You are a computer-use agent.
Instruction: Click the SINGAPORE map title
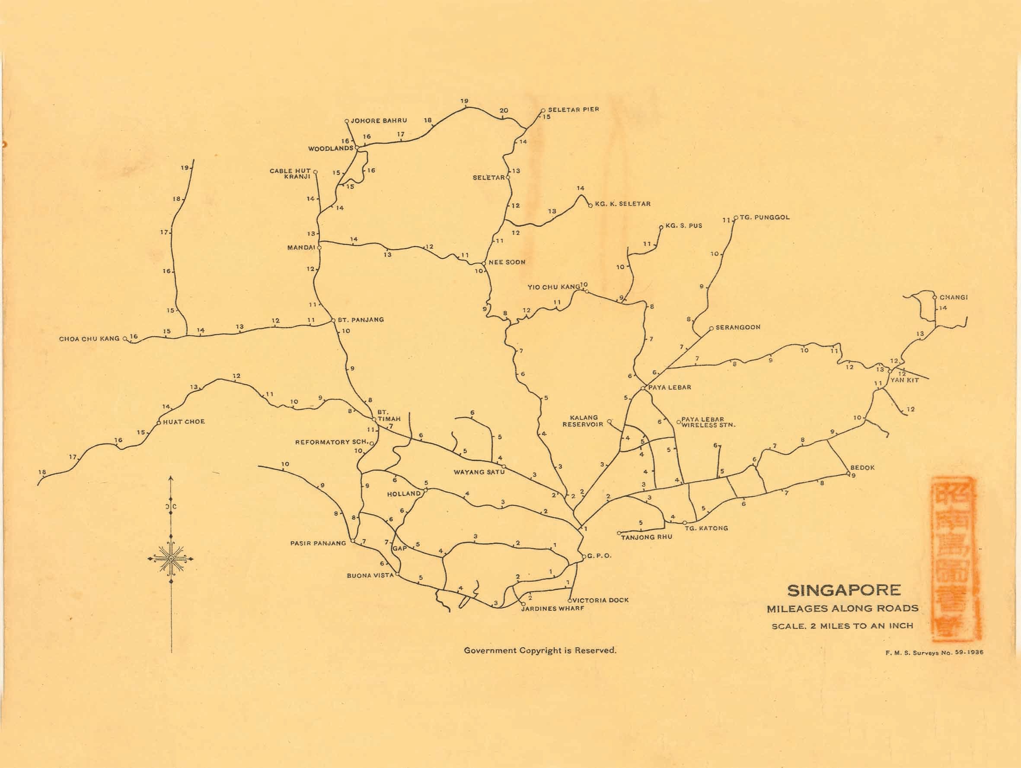click(844, 590)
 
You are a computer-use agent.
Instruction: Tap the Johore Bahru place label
click(379, 121)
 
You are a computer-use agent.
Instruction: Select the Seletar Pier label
click(573, 109)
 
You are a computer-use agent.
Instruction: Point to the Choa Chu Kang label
click(89, 339)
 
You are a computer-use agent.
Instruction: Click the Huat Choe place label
click(184, 422)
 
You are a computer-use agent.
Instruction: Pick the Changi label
click(954, 297)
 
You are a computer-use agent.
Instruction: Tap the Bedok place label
click(862, 467)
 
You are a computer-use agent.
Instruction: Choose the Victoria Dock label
click(600, 600)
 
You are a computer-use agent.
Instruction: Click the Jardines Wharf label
click(552, 609)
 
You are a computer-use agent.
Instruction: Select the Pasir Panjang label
click(318, 543)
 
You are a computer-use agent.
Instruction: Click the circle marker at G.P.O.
click(584, 557)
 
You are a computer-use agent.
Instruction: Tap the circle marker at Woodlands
click(357, 148)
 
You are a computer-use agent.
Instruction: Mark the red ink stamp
click(954, 559)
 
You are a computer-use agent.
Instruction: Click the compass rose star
click(171, 559)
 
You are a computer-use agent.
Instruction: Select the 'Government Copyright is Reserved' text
click(540, 651)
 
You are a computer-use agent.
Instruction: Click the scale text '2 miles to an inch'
click(842, 626)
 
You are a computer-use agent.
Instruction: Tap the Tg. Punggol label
click(764, 217)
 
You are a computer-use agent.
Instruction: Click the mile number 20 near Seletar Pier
click(504, 111)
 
